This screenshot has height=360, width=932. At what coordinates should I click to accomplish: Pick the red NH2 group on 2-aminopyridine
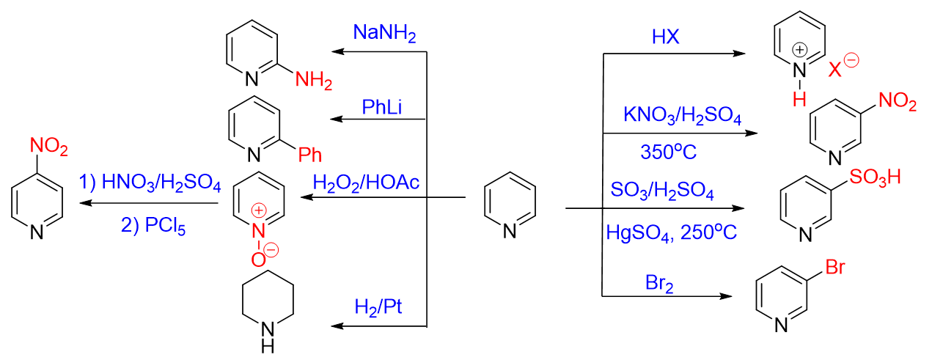(x=314, y=80)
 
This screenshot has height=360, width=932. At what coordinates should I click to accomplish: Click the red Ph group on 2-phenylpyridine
(x=309, y=153)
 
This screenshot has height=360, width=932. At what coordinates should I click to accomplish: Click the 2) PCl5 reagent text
(x=153, y=227)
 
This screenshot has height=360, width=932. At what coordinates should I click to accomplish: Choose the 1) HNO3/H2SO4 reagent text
(x=151, y=181)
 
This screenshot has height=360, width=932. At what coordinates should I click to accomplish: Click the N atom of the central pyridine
(x=510, y=231)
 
